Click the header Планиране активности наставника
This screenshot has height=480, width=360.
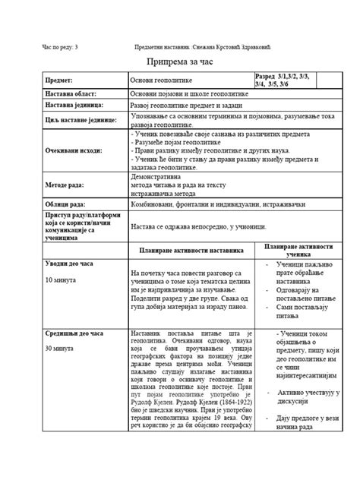[x=191, y=249]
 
